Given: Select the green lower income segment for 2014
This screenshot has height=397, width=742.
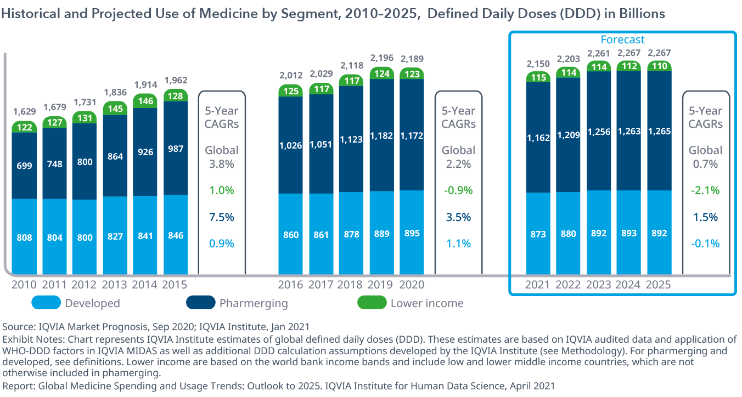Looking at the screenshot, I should pos(145,101).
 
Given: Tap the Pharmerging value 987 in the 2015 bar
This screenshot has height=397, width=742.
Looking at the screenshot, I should pos(176,148).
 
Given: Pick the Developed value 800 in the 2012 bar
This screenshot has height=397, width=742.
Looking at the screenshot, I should pos(85,237).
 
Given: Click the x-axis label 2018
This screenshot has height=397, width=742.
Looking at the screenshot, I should pos(351,285).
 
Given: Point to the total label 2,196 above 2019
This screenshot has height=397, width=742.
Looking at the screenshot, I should pos(381,58).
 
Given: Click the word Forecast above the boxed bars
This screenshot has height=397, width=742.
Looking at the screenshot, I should pos(622,39).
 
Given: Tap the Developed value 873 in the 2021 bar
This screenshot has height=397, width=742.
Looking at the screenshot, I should pos(538,234).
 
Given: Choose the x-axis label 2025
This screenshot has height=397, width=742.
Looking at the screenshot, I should pos(659,285).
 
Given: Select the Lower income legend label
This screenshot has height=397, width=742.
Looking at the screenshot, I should pos(427,303).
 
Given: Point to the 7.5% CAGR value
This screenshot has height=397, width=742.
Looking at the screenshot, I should pos(222,217).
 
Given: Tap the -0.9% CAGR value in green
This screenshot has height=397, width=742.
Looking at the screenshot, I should pos(458,190).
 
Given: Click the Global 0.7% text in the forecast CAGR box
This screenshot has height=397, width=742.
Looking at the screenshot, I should pos(706,157).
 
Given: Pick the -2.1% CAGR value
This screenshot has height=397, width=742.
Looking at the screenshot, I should pos(706,190).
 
